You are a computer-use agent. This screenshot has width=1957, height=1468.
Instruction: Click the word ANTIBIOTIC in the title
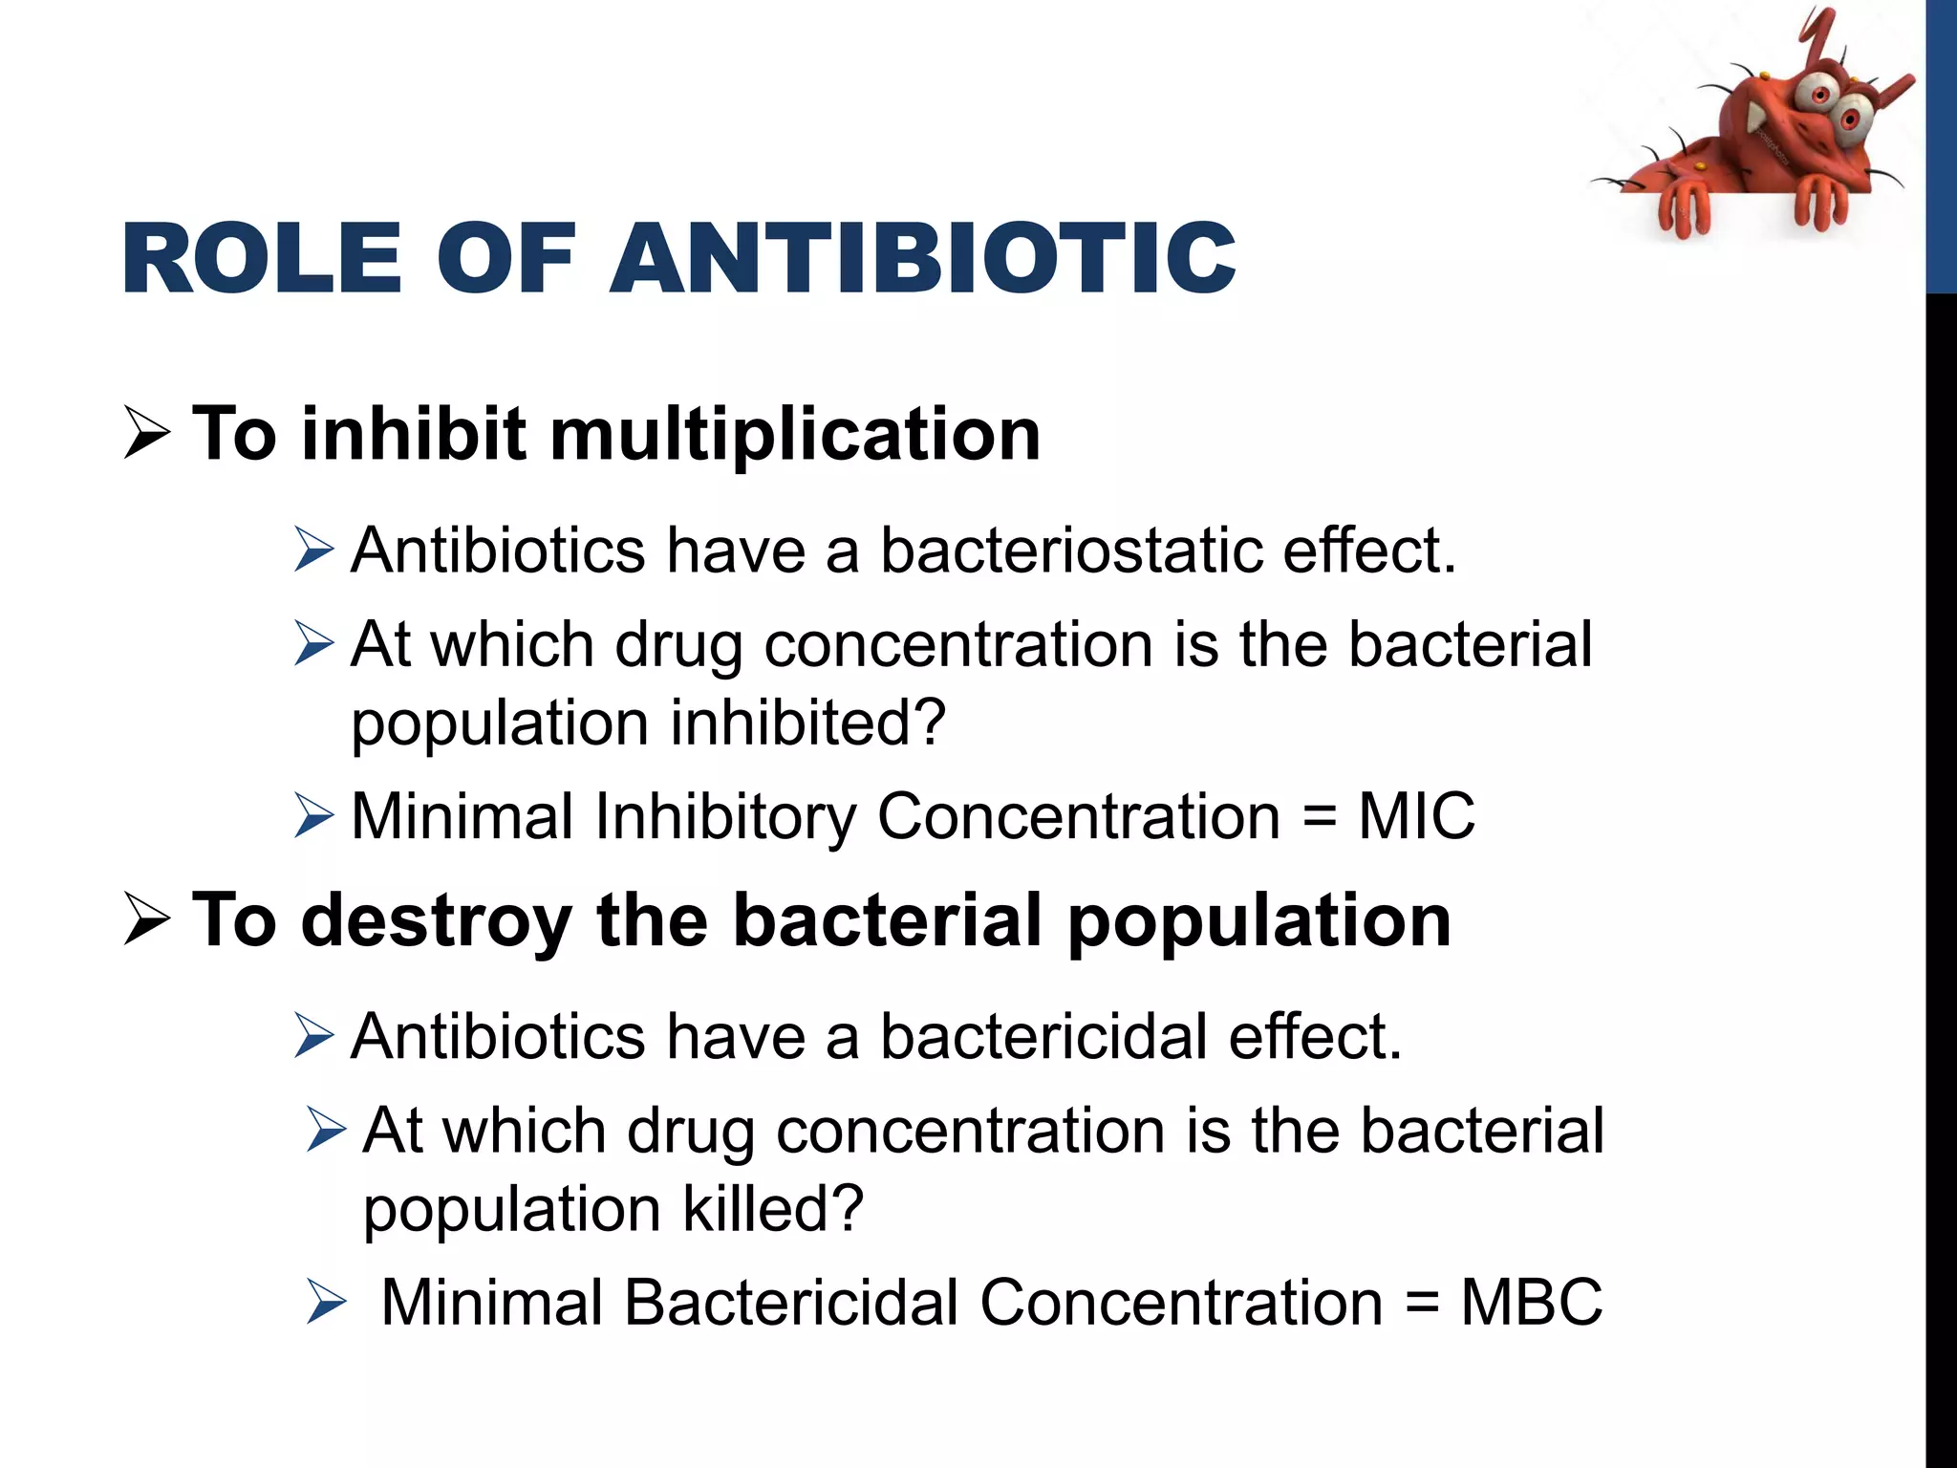[922, 258]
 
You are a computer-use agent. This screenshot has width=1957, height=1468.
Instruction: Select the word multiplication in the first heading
[795, 435]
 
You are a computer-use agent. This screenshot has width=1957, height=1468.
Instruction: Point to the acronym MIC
[1416, 817]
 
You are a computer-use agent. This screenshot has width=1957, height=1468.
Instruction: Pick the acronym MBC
[1531, 1303]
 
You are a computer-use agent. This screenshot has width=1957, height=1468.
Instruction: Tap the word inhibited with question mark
[807, 723]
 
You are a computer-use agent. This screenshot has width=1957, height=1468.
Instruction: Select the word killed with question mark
[772, 1209]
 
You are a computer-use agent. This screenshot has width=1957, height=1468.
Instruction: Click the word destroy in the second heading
[436, 920]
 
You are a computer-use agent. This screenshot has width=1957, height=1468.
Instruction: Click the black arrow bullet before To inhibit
[147, 435]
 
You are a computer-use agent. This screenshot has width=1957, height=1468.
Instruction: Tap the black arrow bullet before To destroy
[147, 920]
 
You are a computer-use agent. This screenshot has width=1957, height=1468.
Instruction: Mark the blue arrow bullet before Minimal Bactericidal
[326, 1303]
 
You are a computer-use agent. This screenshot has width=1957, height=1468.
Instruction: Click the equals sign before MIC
[1320, 818]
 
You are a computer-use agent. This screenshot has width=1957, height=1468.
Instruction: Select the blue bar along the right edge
[1941, 143]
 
